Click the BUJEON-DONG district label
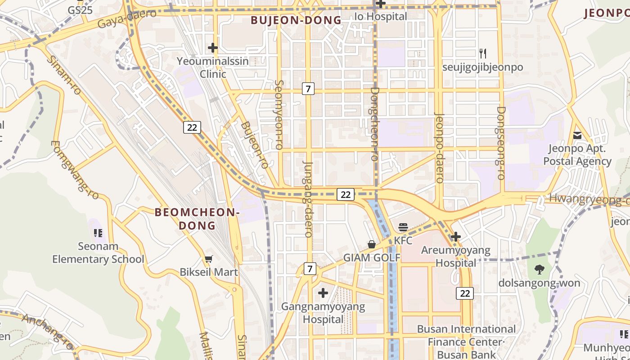pyautogui.click(x=296, y=20)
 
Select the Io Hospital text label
pyautogui.click(x=381, y=17)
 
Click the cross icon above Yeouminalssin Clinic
pyautogui.click(x=213, y=47)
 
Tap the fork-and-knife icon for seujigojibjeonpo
pyautogui.click(x=483, y=54)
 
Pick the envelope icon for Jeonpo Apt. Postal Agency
pyautogui.click(x=577, y=135)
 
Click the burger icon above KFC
pyautogui.click(x=403, y=227)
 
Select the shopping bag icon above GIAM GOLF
pyautogui.click(x=372, y=244)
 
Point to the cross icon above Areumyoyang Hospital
pyautogui.click(x=456, y=236)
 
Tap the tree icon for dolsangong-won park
pyautogui.click(x=539, y=270)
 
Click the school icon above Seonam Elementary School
pyautogui.click(x=98, y=233)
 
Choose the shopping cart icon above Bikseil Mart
pyautogui.click(x=208, y=259)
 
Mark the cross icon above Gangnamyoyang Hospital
pyautogui.click(x=323, y=293)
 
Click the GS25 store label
pyautogui.click(x=80, y=10)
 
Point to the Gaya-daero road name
pyautogui.click(x=127, y=19)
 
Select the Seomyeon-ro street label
pyautogui.click(x=279, y=115)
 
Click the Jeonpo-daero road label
pyautogui.click(x=439, y=147)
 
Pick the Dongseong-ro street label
pyautogui.click(x=501, y=143)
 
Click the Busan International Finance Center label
pyautogui.click(x=466, y=335)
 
